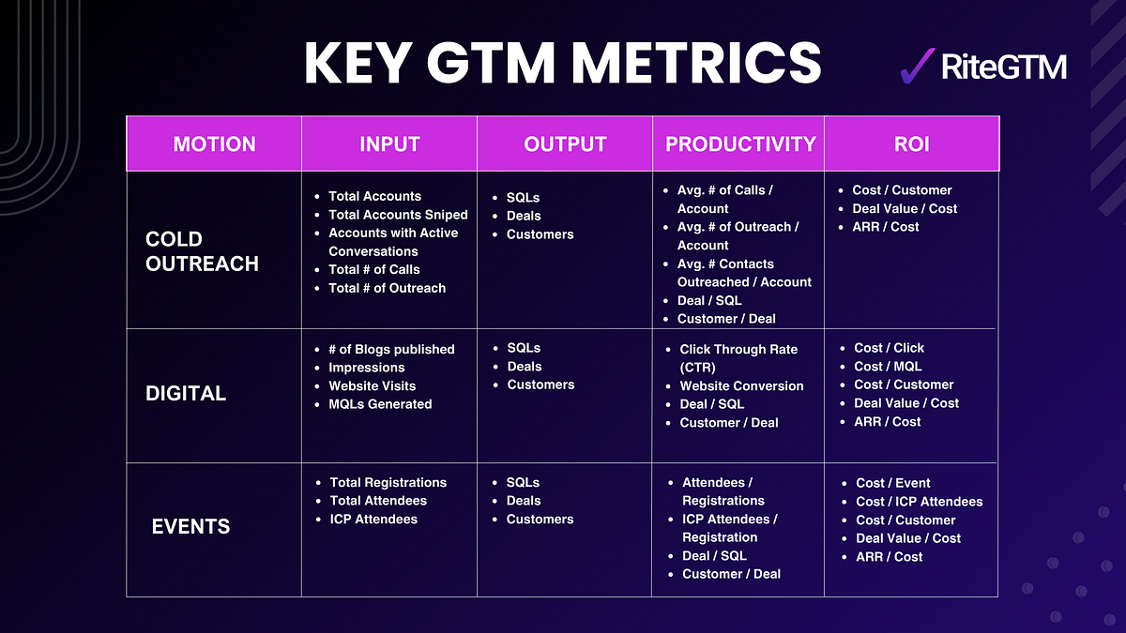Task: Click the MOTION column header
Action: click(214, 144)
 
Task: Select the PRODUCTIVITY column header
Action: click(740, 144)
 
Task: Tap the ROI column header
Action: click(910, 144)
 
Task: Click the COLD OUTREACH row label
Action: click(202, 251)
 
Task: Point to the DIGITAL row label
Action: click(186, 394)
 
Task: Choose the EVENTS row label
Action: click(190, 527)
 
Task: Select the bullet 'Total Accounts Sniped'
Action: click(398, 215)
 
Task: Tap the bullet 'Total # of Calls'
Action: click(373, 269)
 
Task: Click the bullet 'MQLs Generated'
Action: click(380, 404)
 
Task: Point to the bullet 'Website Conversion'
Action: click(741, 385)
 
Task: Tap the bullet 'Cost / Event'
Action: click(892, 483)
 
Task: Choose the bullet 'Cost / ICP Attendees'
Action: click(919, 502)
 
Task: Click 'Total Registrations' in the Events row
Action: click(388, 482)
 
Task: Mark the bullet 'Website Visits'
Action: click(372, 385)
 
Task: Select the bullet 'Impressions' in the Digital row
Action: click(366, 368)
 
